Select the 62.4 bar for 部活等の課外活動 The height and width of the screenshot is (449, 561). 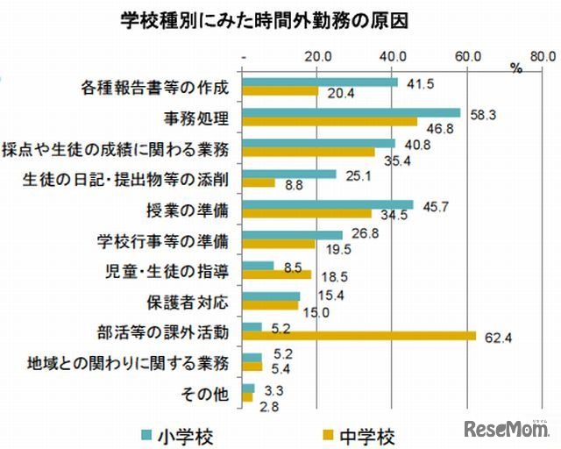pyautogui.click(x=359, y=336)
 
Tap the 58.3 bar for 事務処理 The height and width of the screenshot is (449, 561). pyautogui.click(x=351, y=112)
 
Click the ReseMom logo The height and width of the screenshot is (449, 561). pyautogui.click(x=508, y=430)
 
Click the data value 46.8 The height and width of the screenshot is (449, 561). pyautogui.click(x=437, y=128)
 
